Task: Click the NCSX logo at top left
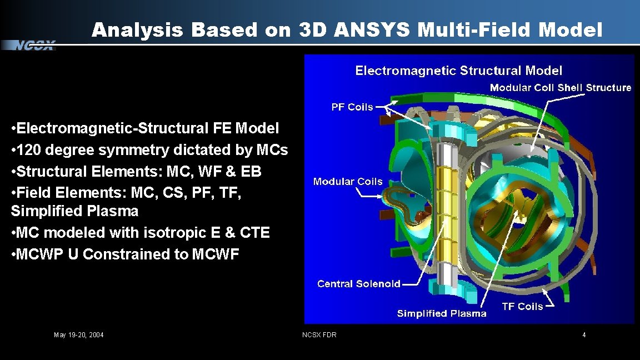pos(34,46)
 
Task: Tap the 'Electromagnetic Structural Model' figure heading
pos(458,71)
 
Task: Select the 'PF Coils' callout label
pos(352,107)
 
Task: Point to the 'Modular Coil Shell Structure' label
pos(560,88)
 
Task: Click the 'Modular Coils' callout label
pos(348,182)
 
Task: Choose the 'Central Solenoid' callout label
pos(358,284)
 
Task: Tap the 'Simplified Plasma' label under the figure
pos(441,314)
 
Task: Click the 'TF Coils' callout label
pos(522,307)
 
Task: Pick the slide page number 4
pos(584,335)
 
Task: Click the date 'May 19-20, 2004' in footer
pos(78,335)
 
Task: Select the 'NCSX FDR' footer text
pos(319,335)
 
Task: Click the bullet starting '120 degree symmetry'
pos(149,150)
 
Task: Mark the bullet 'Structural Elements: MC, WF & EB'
pos(136,172)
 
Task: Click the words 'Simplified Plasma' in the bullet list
pos(74,212)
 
